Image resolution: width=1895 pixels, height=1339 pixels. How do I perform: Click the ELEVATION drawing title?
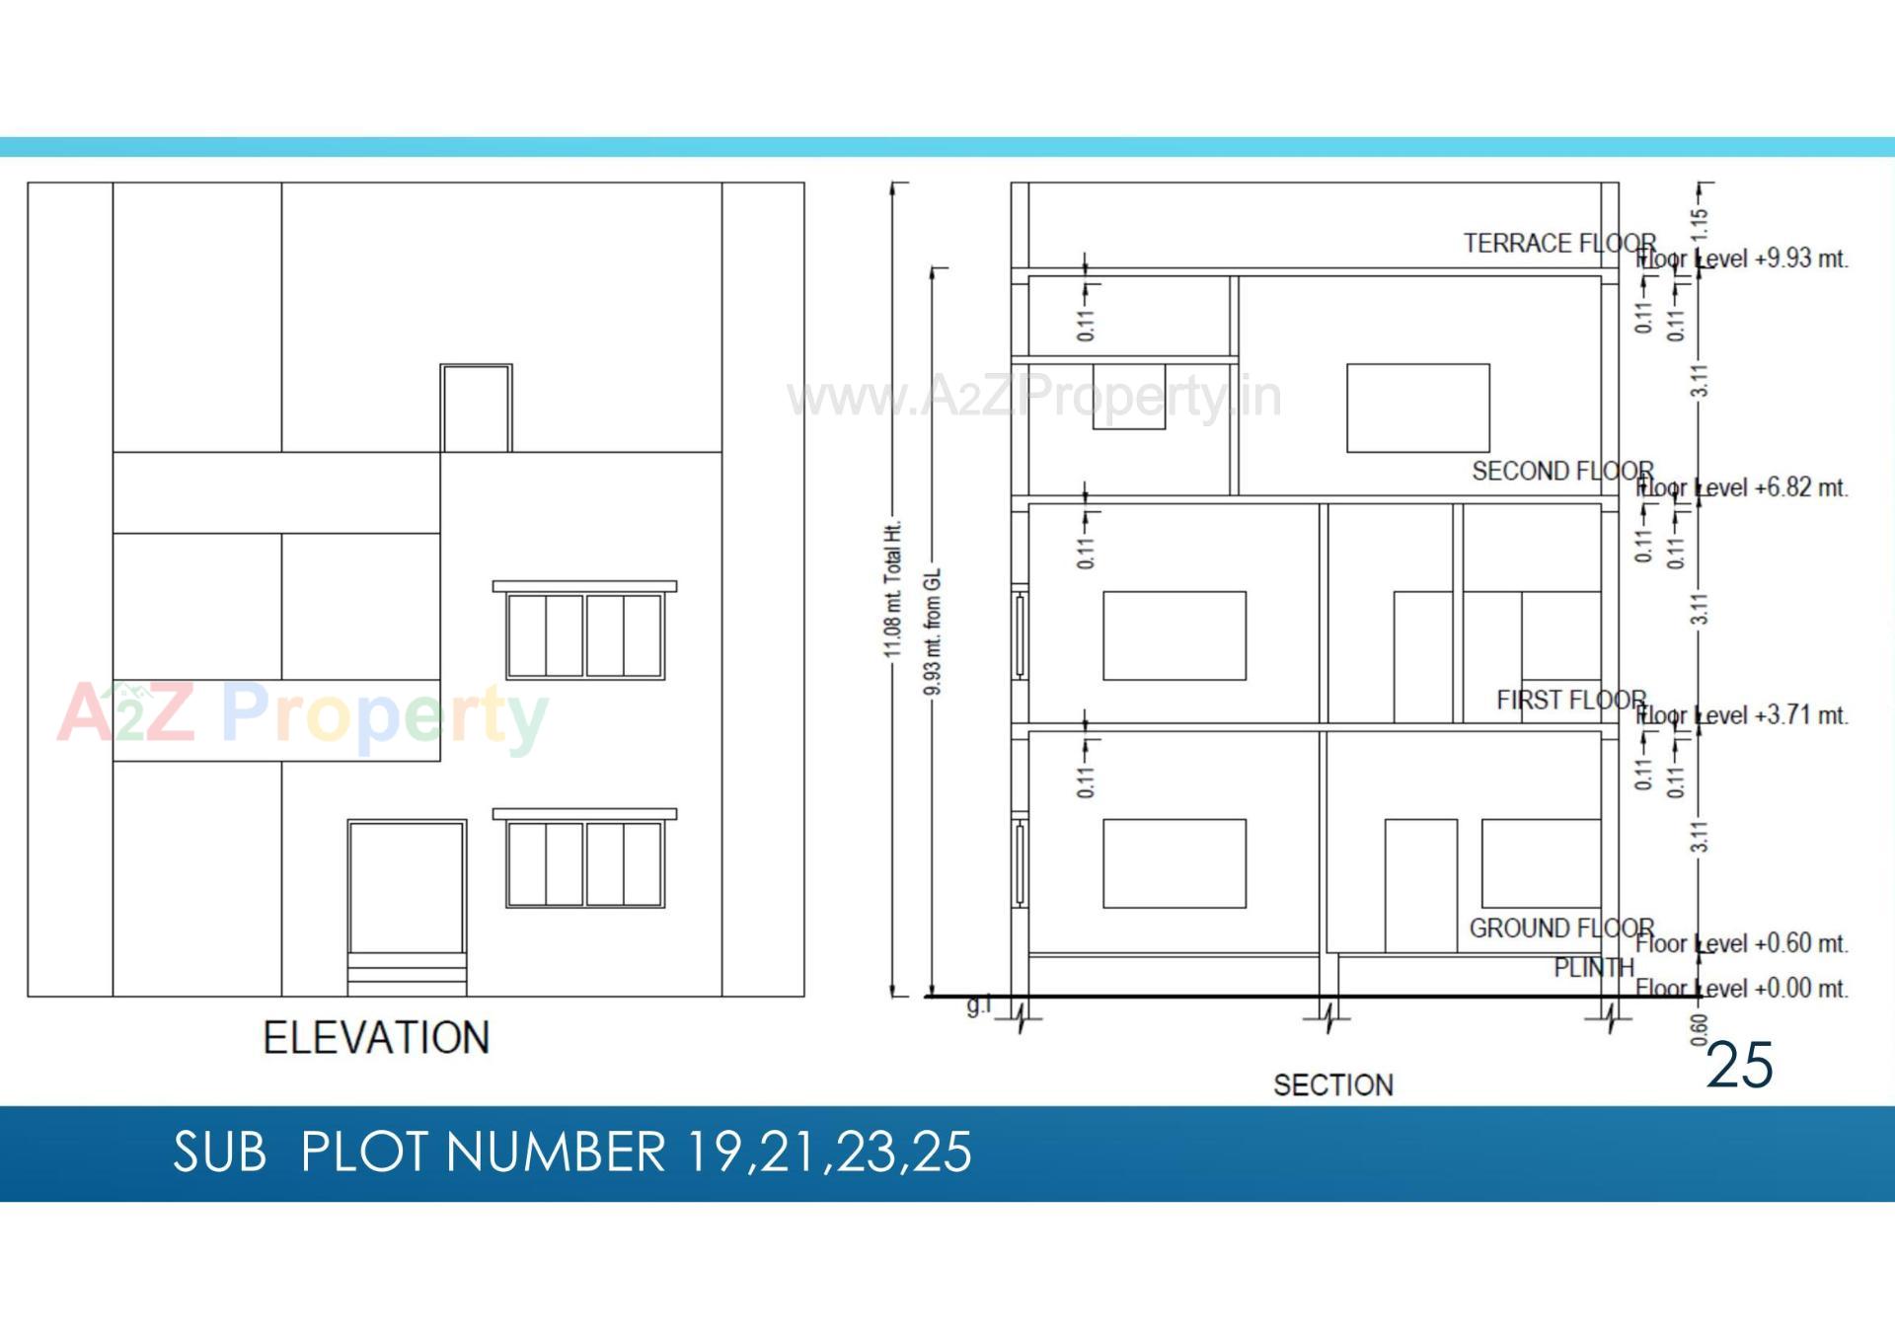(x=376, y=1038)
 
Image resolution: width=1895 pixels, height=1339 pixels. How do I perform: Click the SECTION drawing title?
(x=1332, y=1085)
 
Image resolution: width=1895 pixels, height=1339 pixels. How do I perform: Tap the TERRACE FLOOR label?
(x=1558, y=243)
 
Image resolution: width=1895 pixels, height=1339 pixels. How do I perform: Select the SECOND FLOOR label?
(x=1562, y=471)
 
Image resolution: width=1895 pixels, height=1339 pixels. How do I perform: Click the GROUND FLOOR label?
(x=1561, y=929)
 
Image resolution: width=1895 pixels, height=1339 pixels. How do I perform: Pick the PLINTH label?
(x=1594, y=968)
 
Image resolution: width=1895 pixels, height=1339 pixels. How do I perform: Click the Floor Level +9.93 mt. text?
(x=1742, y=259)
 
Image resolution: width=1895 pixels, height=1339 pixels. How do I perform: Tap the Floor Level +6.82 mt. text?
(x=1742, y=487)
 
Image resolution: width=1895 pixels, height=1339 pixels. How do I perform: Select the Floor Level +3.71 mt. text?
(x=1742, y=715)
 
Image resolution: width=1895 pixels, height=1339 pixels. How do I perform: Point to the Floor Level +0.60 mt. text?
(x=1742, y=943)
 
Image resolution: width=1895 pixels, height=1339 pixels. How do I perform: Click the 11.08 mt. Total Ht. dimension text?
(x=893, y=589)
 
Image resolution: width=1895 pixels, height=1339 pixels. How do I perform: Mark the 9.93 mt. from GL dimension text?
(x=933, y=632)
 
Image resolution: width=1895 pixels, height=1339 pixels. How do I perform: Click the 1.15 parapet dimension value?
(x=1699, y=224)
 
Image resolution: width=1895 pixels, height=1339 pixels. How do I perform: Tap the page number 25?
(x=1739, y=1065)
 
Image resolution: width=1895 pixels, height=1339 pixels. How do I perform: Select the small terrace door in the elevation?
(x=476, y=409)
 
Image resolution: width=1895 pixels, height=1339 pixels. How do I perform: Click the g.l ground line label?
(x=978, y=1006)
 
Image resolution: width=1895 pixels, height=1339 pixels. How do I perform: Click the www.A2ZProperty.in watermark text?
(x=1034, y=397)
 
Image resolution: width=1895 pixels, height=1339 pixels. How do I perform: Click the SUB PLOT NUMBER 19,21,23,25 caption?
(x=572, y=1152)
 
